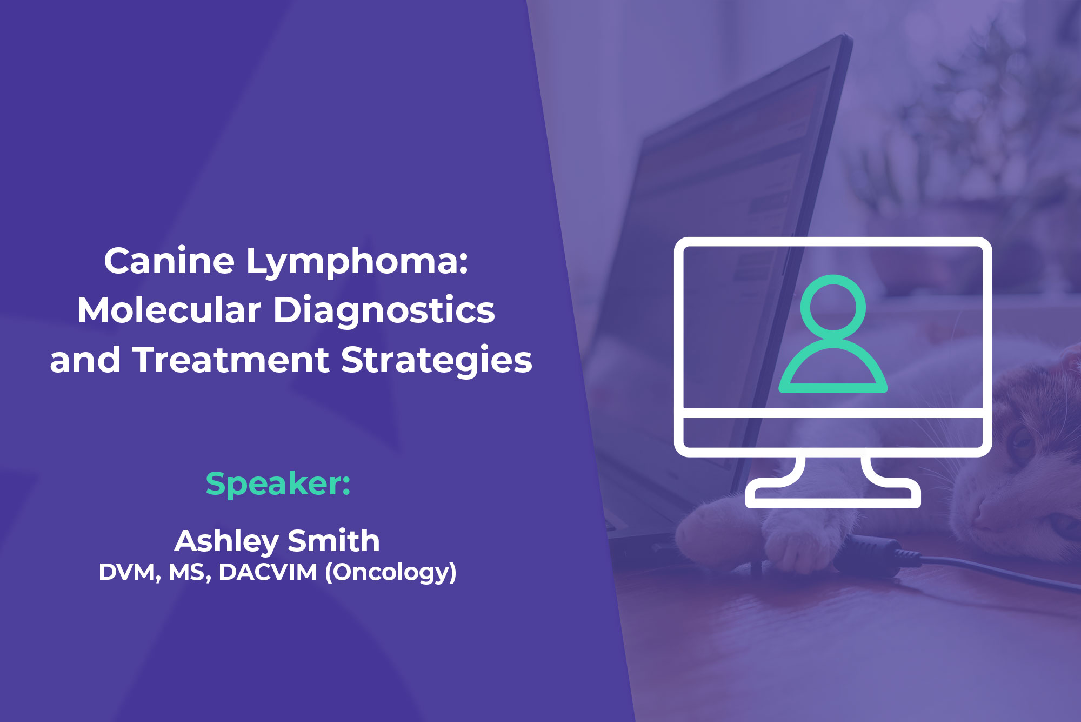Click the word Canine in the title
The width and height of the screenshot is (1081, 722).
tap(169, 261)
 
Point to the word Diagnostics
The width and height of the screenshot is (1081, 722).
tap(384, 310)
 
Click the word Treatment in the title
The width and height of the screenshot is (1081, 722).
tap(231, 360)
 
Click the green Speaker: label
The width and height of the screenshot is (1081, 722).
tap(278, 483)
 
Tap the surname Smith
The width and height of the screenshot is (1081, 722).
tap(333, 541)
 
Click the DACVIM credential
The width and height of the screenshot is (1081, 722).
tap(268, 572)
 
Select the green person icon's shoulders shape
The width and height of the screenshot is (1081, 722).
tap(833, 368)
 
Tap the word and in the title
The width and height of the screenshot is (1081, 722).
tap(85, 360)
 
